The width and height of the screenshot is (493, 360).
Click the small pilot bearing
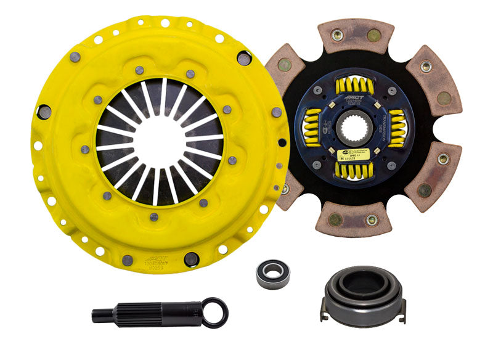(x=272, y=272)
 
